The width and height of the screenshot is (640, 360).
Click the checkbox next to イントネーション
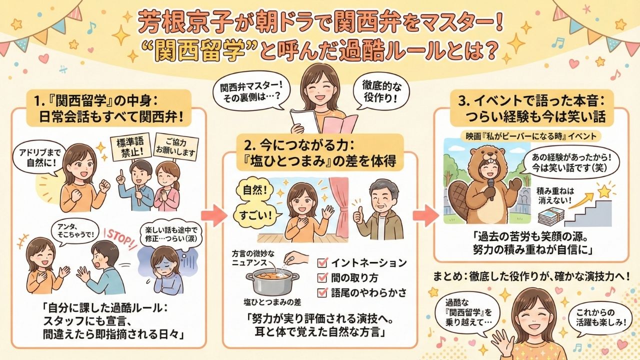coord(323,262)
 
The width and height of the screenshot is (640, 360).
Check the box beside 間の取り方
coord(323,277)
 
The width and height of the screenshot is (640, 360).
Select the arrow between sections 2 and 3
coord(421,214)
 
